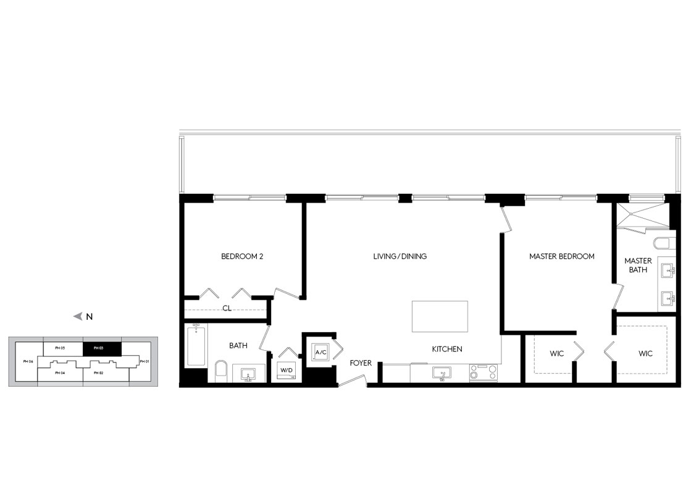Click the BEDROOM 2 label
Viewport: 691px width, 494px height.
click(242, 256)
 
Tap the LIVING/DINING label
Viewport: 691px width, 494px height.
click(400, 256)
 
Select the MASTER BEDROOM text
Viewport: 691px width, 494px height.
click(562, 256)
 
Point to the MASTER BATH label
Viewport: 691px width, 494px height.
click(638, 266)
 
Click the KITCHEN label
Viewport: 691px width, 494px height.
click(447, 349)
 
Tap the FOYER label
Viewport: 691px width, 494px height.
click(361, 363)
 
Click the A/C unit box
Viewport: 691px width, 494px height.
click(321, 352)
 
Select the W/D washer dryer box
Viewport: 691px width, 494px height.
click(287, 371)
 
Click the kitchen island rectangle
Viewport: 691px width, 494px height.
click(440, 316)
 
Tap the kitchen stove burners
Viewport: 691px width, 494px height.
click(483, 372)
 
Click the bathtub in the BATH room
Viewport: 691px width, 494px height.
click(196, 345)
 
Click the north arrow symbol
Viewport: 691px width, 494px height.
click(78, 316)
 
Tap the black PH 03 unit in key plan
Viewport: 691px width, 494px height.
click(102, 348)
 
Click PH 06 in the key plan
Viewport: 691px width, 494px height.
click(28, 361)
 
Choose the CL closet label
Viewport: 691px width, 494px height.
click(227, 308)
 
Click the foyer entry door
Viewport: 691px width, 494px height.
click(353, 381)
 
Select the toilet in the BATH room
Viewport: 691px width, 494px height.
click(221, 371)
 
